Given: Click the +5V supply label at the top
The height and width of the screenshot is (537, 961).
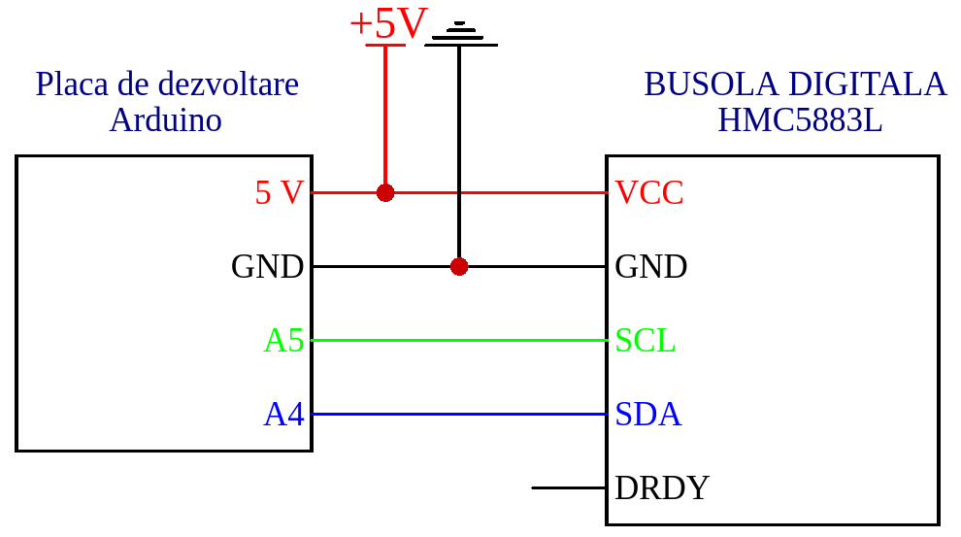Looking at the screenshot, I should click(x=387, y=24).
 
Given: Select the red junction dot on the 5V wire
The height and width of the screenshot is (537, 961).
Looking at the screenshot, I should click(x=385, y=192).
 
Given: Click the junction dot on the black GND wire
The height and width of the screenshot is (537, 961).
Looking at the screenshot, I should click(x=459, y=266).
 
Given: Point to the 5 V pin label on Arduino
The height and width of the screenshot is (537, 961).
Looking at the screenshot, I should click(x=279, y=192).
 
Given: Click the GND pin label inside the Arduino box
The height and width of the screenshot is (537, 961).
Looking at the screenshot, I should click(x=267, y=266).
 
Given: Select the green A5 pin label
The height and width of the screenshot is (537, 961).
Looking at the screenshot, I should click(x=283, y=340).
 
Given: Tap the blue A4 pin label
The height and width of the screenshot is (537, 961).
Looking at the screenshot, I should click(x=283, y=414).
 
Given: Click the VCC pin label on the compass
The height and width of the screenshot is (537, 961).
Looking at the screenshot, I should click(x=649, y=192).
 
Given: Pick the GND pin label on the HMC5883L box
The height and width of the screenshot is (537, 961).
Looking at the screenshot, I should click(x=651, y=266).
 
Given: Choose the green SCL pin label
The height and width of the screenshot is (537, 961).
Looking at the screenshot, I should click(x=645, y=340).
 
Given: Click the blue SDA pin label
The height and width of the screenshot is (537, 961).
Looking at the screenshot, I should click(x=647, y=414).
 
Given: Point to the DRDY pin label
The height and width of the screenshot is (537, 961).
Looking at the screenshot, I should click(x=662, y=487).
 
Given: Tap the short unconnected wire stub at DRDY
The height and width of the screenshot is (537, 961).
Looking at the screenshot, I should click(x=569, y=487).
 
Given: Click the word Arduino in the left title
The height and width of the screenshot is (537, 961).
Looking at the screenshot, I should click(x=165, y=120).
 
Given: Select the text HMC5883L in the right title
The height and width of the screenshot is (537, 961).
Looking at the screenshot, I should click(x=800, y=120).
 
